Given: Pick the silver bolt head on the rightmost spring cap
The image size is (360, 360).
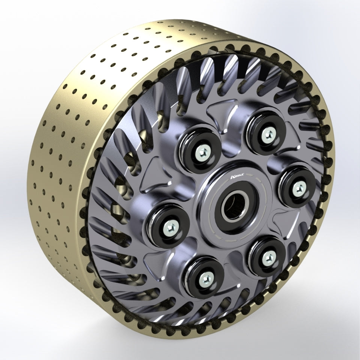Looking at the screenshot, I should [x=299, y=186].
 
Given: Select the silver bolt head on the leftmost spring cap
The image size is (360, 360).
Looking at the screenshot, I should [x=170, y=226].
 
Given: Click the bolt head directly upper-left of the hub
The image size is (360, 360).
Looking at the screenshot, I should [x=200, y=152].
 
